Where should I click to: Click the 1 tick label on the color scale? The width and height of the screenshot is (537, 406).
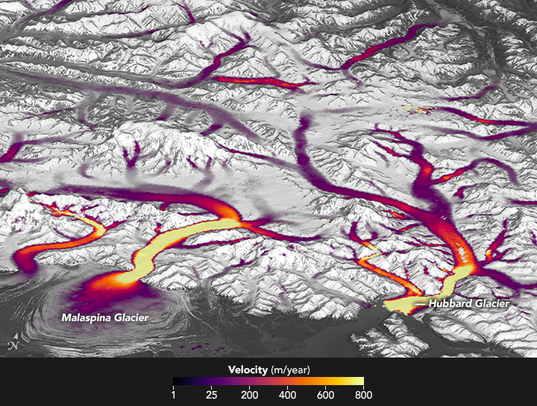(174, 395)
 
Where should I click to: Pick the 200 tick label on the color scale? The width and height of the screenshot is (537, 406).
(251, 395)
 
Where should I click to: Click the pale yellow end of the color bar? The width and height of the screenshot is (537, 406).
(359, 381)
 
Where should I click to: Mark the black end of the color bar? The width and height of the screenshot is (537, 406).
(177, 381)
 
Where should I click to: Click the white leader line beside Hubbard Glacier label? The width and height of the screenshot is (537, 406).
(421, 304)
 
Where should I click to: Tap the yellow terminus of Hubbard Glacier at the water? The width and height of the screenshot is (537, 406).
(399, 305)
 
